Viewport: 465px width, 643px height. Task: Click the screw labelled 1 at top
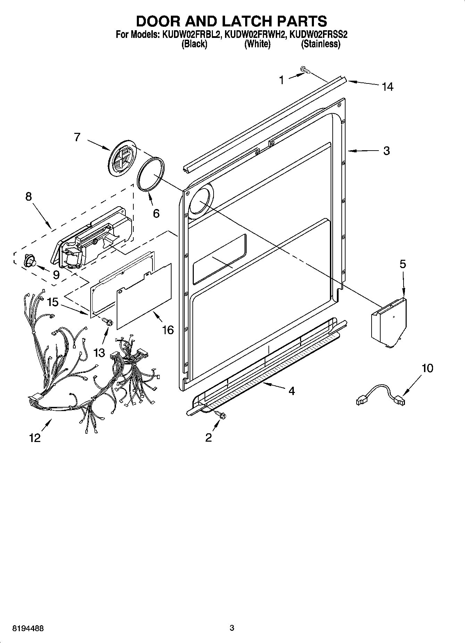[305, 71]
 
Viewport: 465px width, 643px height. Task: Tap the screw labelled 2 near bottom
[220, 414]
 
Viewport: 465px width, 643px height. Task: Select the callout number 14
[388, 87]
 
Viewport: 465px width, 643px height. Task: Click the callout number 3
[387, 151]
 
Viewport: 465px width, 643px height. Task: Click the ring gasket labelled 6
[151, 174]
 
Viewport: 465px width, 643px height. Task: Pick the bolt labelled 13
[107, 322]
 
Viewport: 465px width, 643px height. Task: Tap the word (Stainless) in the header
[321, 44]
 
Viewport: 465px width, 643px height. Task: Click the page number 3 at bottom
[232, 628]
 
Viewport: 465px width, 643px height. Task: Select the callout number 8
[28, 196]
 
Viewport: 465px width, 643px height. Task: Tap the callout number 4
[292, 391]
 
